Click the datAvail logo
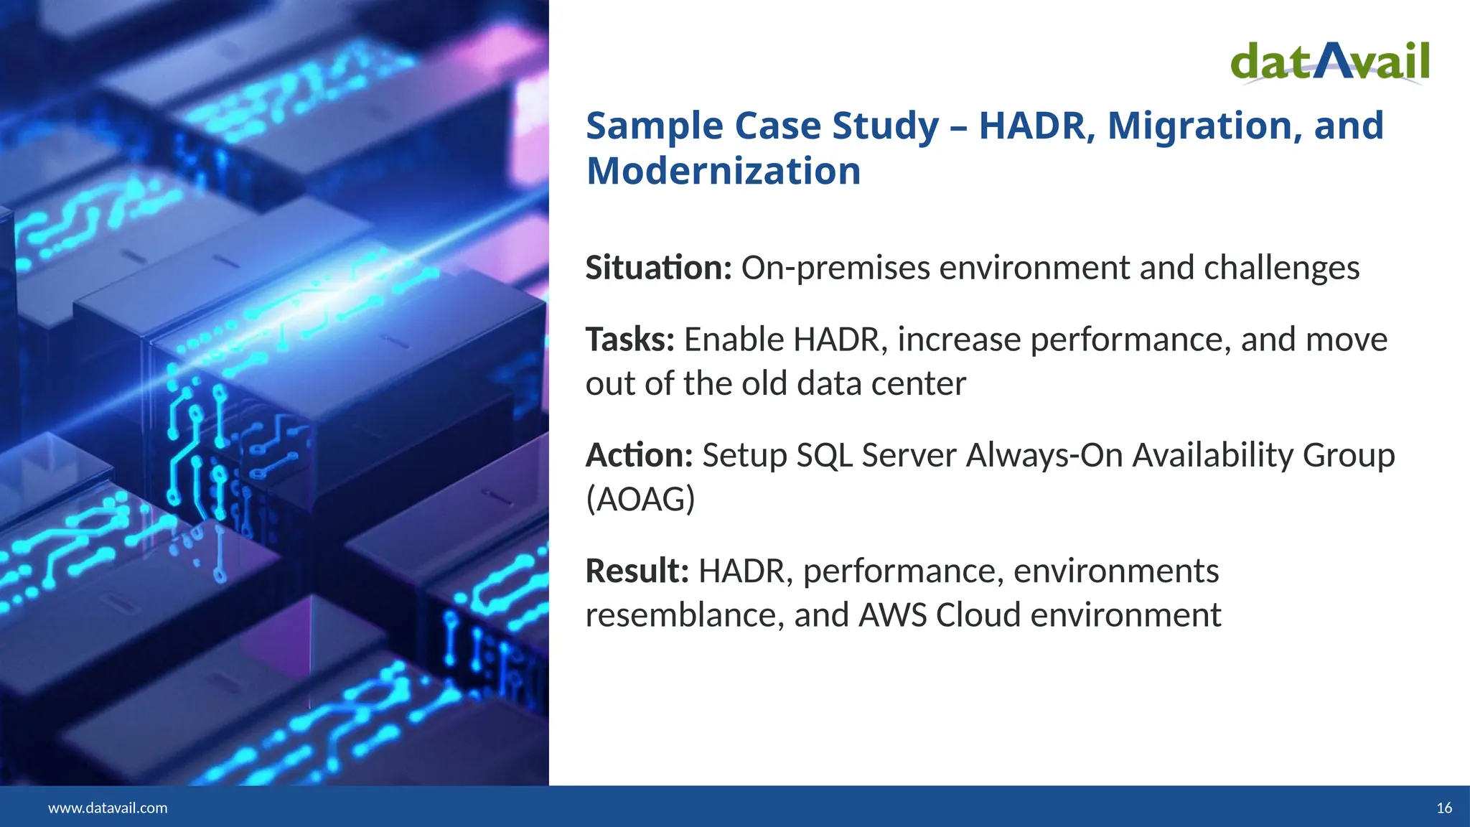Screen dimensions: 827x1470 1330,63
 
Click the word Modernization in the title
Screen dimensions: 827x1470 724,171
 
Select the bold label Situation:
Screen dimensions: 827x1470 658,268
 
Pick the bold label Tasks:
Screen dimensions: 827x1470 630,340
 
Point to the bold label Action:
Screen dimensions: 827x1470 639,455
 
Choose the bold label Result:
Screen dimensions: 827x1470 637,571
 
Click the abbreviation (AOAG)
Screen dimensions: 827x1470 640,500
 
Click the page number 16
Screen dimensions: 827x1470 1444,808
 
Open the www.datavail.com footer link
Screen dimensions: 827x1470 108,808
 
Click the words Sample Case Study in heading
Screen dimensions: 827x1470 762,126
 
